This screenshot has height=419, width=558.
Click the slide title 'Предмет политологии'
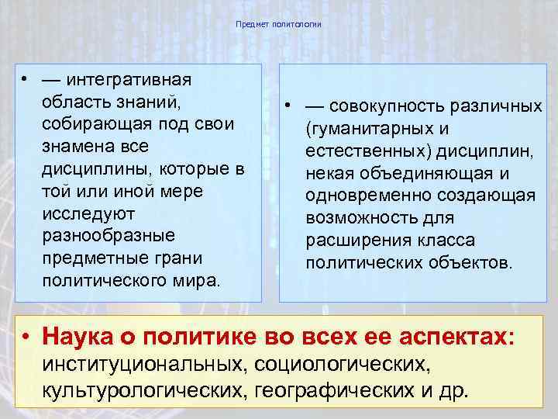point(278,25)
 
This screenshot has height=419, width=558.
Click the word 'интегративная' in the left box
point(129,80)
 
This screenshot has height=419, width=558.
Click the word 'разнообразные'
point(109,234)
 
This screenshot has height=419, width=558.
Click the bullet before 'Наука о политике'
point(26,337)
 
